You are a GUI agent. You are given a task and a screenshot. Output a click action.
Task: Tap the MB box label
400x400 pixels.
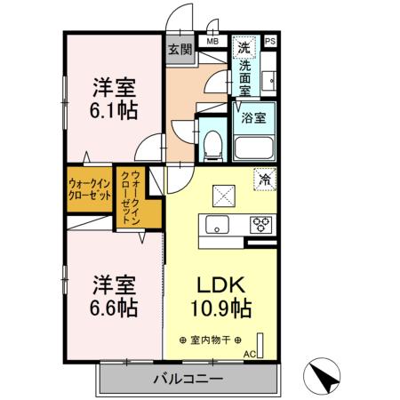(213, 41)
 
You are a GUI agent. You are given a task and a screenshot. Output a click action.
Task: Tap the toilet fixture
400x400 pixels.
(212, 145)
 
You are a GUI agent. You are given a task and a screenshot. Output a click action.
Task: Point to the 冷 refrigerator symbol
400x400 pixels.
(264, 178)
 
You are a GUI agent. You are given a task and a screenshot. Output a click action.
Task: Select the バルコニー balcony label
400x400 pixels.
(186, 379)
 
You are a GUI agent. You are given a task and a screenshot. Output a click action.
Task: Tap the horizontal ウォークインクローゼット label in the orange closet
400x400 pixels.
(89, 188)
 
